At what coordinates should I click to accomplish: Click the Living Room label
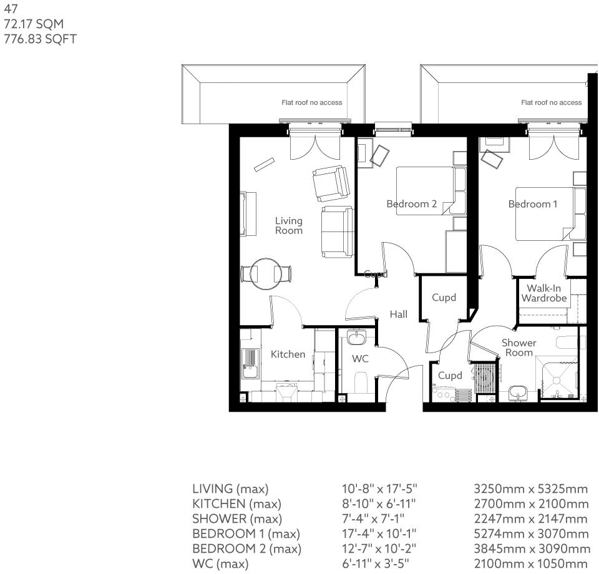(x=288, y=225)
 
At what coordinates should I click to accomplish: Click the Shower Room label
(x=519, y=348)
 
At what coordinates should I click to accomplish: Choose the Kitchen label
(x=288, y=354)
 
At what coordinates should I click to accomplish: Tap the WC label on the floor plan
(x=360, y=359)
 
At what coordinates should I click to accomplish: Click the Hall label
(x=399, y=314)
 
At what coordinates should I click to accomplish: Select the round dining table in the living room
(x=267, y=273)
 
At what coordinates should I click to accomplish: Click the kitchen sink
(x=251, y=362)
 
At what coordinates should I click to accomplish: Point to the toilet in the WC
(x=361, y=381)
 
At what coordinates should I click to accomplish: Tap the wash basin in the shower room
(x=519, y=392)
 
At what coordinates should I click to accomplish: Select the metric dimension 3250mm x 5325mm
(x=531, y=489)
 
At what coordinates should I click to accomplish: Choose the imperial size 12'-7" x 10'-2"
(x=376, y=549)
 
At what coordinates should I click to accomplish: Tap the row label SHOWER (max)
(x=237, y=519)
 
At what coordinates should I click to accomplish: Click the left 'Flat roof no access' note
(x=311, y=102)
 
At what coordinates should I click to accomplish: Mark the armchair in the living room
(x=330, y=183)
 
